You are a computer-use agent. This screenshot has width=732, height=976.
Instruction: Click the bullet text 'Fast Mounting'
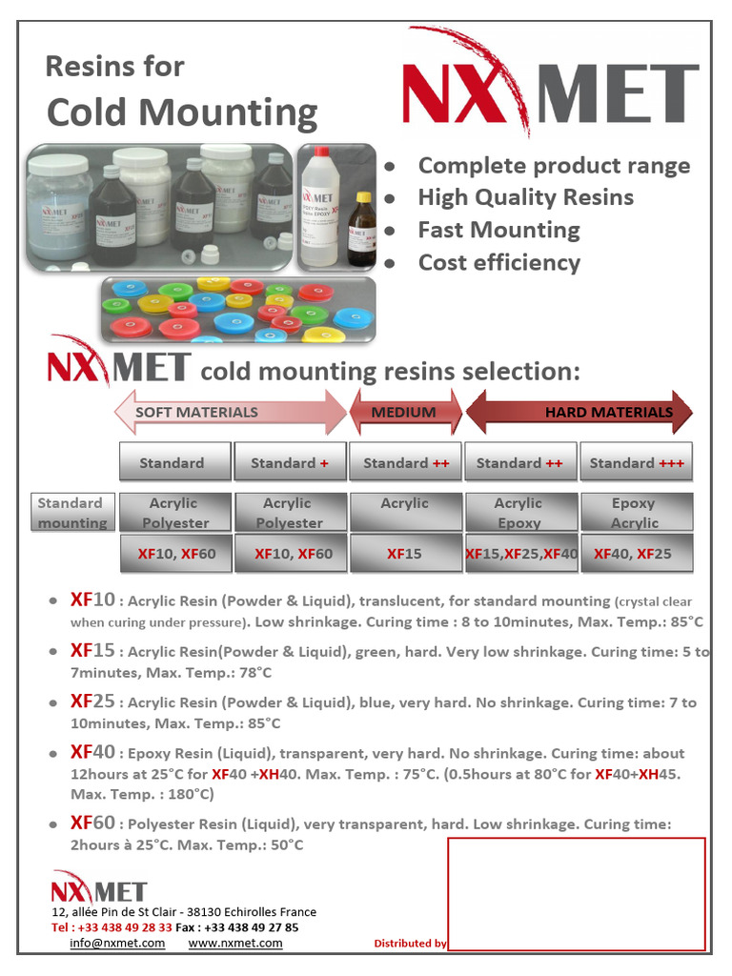pyautogui.click(x=498, y=230)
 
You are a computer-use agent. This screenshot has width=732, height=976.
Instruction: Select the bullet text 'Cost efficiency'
pyautogui.click(x=498, y=262)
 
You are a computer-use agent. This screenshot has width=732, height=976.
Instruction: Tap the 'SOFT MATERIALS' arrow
pyautogui.click(x=230, y=413)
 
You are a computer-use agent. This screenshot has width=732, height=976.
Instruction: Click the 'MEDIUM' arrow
pyautogui.click(x=405, y=413)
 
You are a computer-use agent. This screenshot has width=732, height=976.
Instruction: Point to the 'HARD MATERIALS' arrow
pyautogui.click(x=579, y=413)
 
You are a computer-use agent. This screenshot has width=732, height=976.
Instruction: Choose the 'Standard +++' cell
pyautogui.click(x=636, y=462)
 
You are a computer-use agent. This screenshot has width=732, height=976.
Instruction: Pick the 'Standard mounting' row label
pyautogui.click(x=72, y=512)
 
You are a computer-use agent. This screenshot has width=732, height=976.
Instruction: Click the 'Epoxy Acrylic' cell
pyautogui.click(x=635, y=512)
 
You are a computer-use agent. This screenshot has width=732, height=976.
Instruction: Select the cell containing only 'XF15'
pyautogui.click(x=405, y=553)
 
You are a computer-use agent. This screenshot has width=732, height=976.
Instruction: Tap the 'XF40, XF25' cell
pyautogui.click(x=635, y=553)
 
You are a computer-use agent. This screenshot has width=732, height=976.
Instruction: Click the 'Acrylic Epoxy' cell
pyautogui.click(x=520, y=512)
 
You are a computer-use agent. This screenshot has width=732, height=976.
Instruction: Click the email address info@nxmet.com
pyautogui.click(x=117, y=943)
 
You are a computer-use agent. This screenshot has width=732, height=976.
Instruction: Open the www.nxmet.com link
pyautogui.click(x=235, y=943)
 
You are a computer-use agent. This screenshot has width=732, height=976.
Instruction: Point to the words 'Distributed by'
pyautogui.click(x=410, y=944)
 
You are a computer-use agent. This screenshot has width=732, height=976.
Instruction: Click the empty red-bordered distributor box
pyautogui.click(x=576, y=893)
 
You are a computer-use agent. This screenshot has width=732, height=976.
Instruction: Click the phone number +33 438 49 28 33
pyautogui.click(x=125, y=927)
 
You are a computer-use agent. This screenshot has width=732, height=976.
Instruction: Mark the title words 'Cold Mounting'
pyautogui.click(x=182, y=112)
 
